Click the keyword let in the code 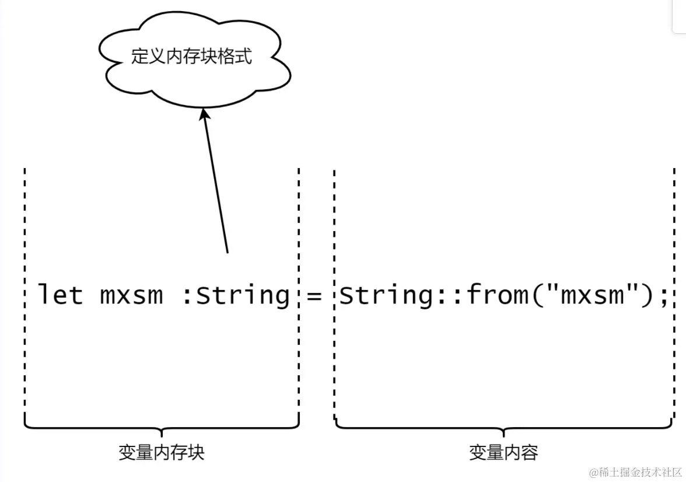tap(60, 295)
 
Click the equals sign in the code tap(314, 296)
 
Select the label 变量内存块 tap(162, 452)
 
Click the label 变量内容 tap(503, 452)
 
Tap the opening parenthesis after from tap(537, 295)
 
